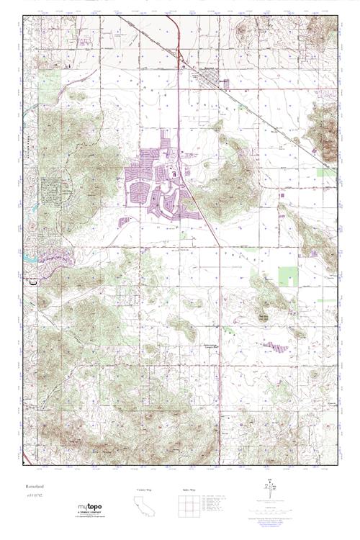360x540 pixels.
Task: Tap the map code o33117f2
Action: (35, 496)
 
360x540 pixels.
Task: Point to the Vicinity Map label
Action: (145, 489)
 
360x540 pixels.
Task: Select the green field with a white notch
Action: (288, 276)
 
